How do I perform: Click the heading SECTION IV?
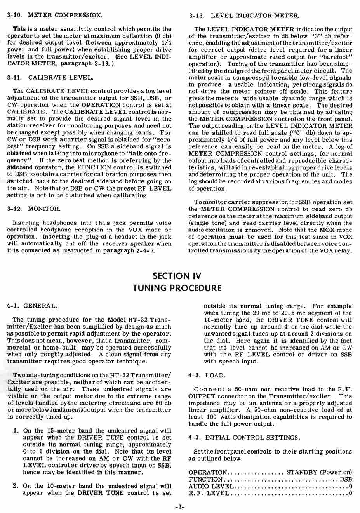[177, 276]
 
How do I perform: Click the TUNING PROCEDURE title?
[177, 288]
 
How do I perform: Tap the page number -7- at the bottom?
[179, 507]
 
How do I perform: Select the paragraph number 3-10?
[14, 16]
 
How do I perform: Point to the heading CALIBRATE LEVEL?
[61, 78]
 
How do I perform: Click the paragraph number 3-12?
[14, 209]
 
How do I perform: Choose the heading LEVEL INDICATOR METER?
[255, 16]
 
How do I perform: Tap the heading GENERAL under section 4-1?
[40, 306]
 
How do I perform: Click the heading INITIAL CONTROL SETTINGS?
[252, 438]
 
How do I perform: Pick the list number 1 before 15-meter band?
[16, 431]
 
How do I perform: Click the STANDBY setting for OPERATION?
[302, 473]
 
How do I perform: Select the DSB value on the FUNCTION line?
[346, 480]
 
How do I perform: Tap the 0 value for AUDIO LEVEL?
[350, 487]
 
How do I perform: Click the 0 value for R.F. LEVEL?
[350, 494]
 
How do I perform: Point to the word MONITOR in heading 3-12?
[44, 209]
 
